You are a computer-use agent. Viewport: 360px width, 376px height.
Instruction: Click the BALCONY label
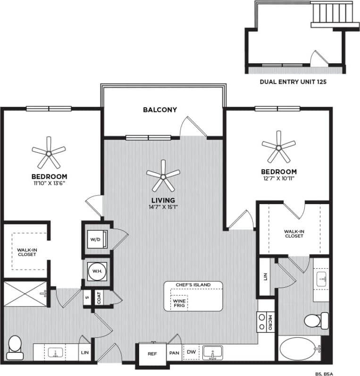160,110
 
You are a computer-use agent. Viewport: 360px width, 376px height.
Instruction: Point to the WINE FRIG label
179,303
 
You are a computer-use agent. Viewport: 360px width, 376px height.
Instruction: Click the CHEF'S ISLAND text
193,285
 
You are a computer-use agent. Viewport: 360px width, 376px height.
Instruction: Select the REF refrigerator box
152,353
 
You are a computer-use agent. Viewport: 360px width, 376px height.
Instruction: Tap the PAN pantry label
175,353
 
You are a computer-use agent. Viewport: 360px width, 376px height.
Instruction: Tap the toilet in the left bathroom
15,344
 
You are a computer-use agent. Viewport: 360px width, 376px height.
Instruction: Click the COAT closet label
100,298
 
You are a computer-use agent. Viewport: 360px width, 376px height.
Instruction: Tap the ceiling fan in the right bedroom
278,148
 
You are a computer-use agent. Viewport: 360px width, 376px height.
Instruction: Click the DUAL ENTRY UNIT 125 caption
293,81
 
